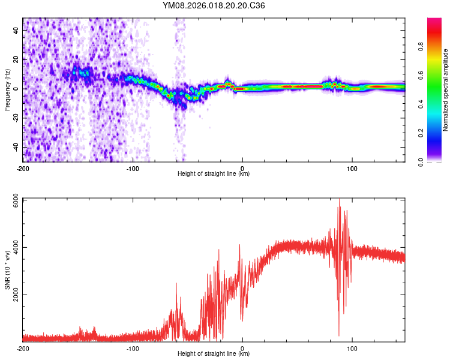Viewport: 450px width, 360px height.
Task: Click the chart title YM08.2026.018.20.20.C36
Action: [x=214, y=5]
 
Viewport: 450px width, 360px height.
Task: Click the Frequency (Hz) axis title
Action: [x=8, y=89]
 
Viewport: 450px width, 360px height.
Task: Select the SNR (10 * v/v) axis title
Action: [x=8, y=270]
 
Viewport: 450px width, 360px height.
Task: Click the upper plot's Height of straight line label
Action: [x=214, y=173]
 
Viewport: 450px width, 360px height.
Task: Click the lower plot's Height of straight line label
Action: [x=214, y=353]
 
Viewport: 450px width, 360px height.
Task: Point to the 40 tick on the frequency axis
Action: [x=17, y=29]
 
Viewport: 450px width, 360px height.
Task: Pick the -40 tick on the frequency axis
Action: [x=16, y=148]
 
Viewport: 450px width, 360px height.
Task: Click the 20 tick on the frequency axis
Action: [x=17, y=59]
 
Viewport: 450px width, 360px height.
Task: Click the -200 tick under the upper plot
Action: [x=23, y=168]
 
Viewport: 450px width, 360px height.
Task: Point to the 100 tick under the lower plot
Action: [x=352, y=348]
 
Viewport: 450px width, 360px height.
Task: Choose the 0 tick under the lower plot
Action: [x=242, y=348]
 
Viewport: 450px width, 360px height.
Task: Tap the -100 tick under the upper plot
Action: [x=133, y=168]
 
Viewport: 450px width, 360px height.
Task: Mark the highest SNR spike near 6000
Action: [x=340, y=200]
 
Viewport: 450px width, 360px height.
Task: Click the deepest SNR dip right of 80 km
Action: [x=339, y=335]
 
